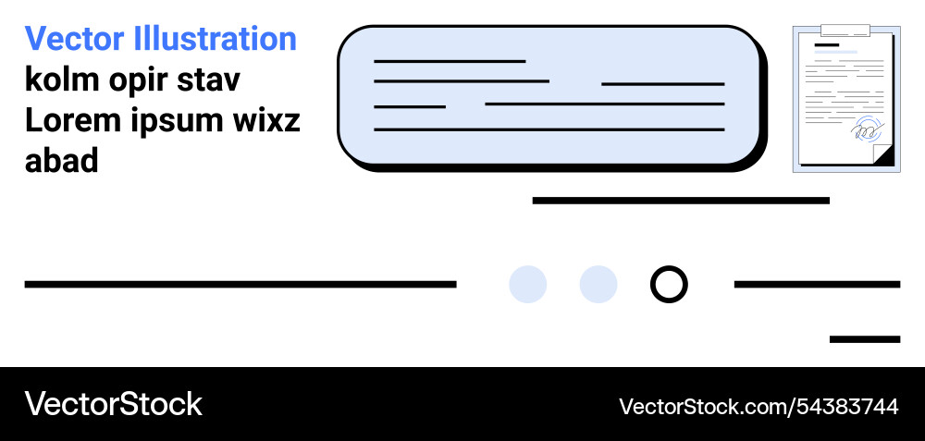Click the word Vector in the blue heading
tap(76, 39)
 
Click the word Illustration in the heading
tap(216, 39)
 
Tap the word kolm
tap(61, 80)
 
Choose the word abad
tap(61, 161)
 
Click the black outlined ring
tap(669, 284)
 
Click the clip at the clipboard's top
tap(845, 31)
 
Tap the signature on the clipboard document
tap(868, 130)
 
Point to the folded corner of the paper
tap(883, 155)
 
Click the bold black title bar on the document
tap(827, 44)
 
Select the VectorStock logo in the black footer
tap(113, 404)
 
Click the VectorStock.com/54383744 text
tap(758, 406)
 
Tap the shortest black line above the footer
tap(864, 339)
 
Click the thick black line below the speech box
tap(681, 200)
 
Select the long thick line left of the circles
tap(240, 284)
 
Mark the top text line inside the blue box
tap(450, 61)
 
